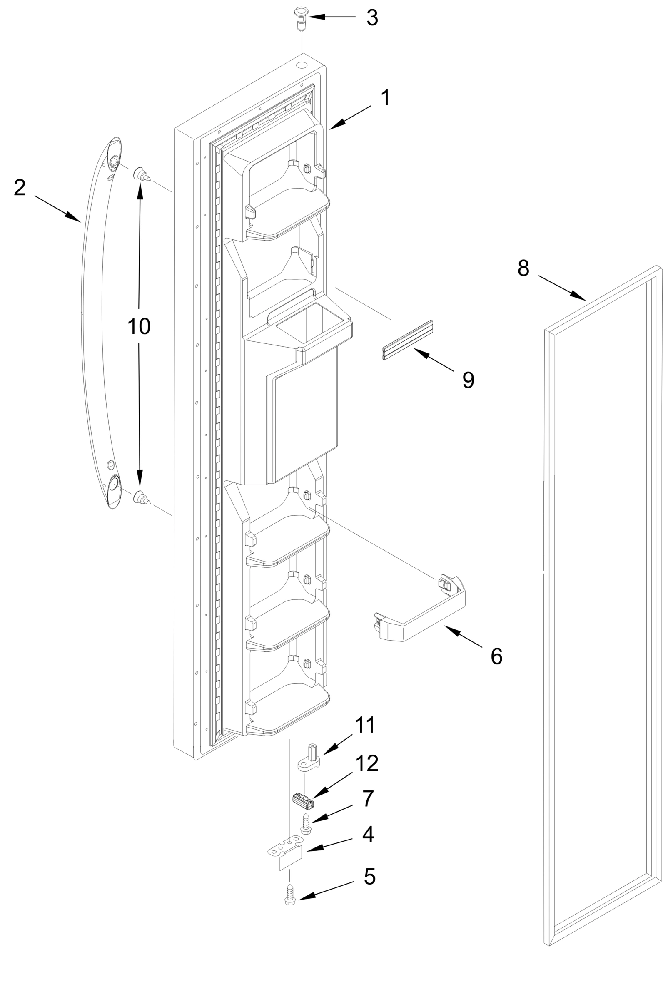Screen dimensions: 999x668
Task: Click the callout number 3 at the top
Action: click(372, 18)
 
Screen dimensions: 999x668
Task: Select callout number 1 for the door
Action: click(385, 98)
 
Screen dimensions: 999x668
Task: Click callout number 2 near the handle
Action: click(20, 188)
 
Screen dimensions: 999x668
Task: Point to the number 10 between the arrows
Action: click(139, 327)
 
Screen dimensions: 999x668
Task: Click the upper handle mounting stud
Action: click(141, 174)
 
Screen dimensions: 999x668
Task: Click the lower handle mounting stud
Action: click(141, 497)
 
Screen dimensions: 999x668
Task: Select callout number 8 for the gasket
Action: click(523, 268)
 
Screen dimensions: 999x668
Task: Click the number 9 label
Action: click(468, 380)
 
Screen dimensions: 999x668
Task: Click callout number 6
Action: click(496, 656)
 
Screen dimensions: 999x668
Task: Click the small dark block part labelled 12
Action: click(303, 800)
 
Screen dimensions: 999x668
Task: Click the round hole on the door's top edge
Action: click(302, 65)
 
